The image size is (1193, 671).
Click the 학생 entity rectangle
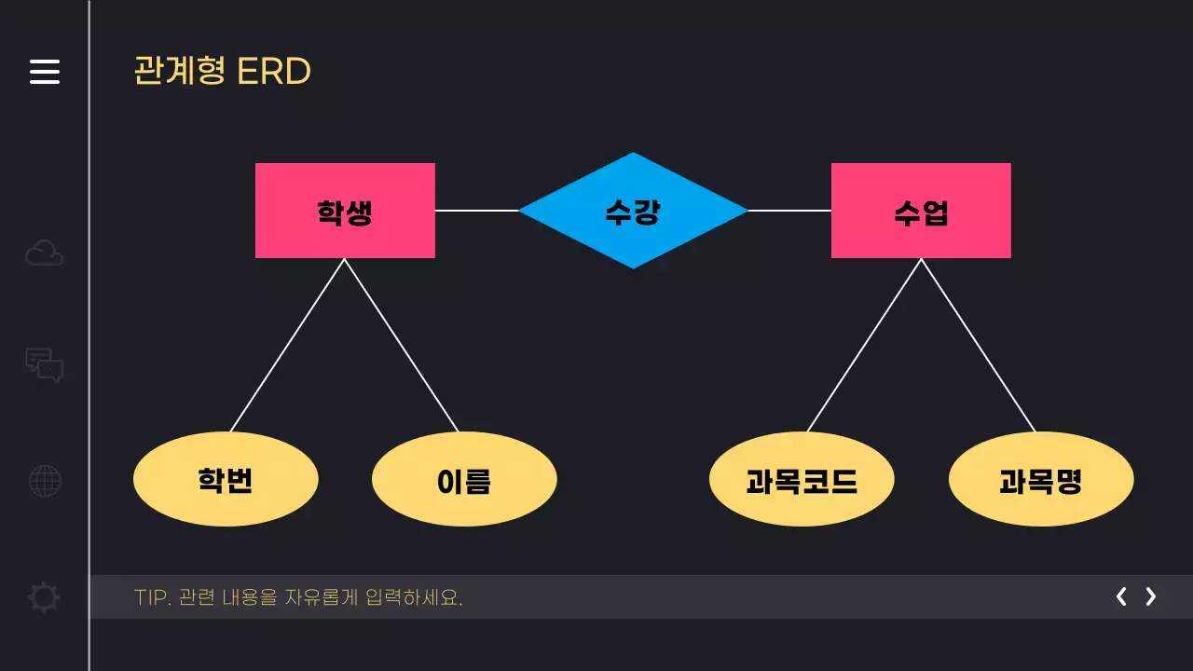pos(345,211)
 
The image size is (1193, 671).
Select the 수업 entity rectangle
pos(921,211)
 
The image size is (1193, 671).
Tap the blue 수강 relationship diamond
pos(633,211)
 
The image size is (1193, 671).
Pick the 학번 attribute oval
pos(226,480)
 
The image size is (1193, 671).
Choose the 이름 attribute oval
pos(464,480)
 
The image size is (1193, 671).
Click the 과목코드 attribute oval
pos(802,480)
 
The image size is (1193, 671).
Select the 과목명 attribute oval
pos(1041,480)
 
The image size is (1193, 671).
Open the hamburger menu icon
pos(45,72)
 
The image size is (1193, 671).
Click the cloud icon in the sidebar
pos(44,253)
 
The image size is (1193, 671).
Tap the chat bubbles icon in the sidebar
pos(44,364)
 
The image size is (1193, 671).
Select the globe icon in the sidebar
pos(45,481)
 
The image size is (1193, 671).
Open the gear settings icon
pos(44,596)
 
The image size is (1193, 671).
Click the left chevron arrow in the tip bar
pos(1121,596)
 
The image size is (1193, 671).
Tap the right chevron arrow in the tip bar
pos(1151,596)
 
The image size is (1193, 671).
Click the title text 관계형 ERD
pos(222,72)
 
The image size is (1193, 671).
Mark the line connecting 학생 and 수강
pos(476,211)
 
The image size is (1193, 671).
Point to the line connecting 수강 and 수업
pos(789,211)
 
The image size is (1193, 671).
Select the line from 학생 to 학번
pos(288,345)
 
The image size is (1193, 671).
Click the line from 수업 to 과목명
pos(978,345)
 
